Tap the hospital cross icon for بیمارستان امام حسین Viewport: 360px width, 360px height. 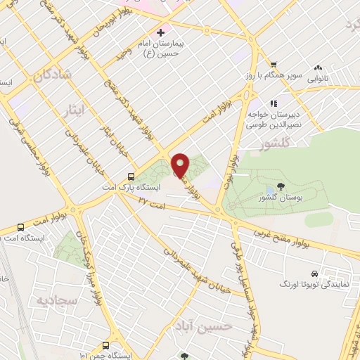pyautogui.click(x=160, y=32)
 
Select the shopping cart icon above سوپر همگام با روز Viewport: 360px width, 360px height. pyautogui.click(x=264, y=63)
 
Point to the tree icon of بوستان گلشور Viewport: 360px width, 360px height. pyautogui.click(x=281, y=187)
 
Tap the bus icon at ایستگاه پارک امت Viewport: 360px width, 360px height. pyautogui.click(x=131, y=177)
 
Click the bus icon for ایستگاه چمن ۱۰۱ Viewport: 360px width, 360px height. pyautogui.click(x=105, y=345)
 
